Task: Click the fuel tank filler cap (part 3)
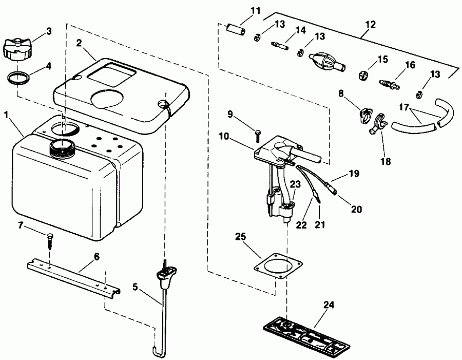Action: (18, 48)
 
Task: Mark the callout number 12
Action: (370, 24)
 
